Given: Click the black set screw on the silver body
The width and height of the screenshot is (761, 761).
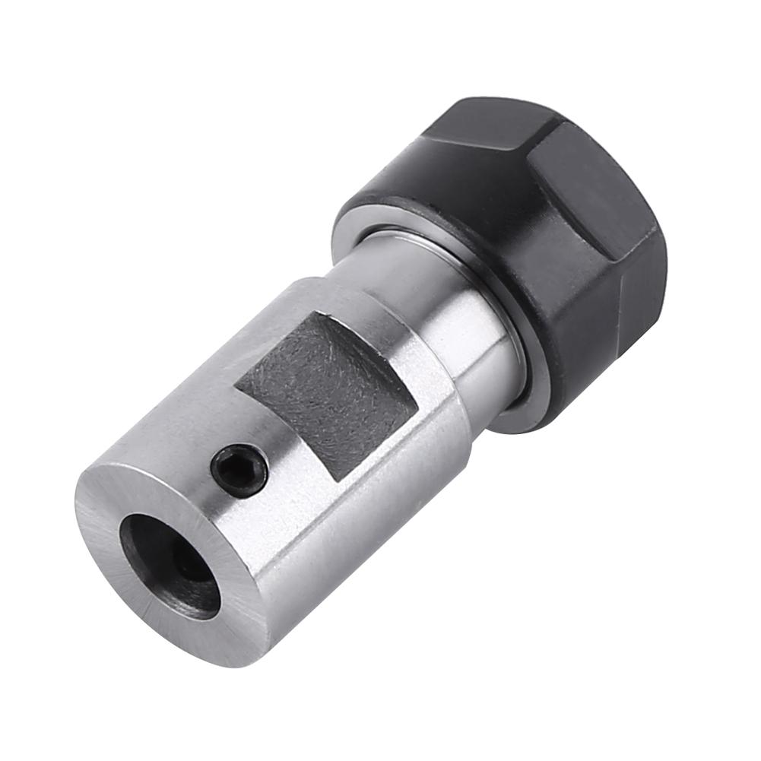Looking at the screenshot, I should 239,471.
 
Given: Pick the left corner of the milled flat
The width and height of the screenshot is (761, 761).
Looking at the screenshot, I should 236,388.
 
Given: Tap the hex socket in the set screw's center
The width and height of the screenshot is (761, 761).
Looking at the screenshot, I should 239,471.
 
